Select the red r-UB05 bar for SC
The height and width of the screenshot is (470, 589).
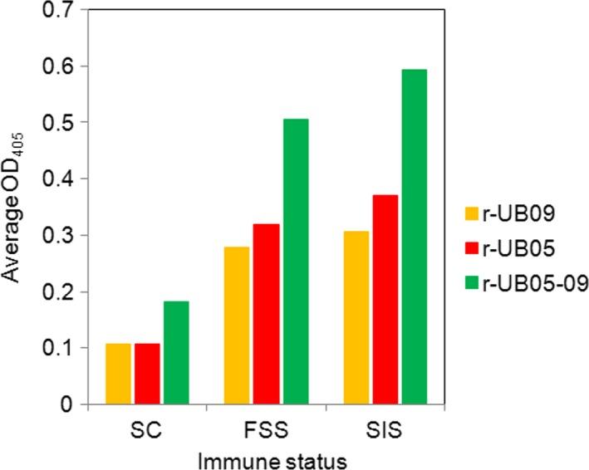pos(147,374)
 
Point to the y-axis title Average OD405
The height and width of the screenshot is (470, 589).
pos(15,210)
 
